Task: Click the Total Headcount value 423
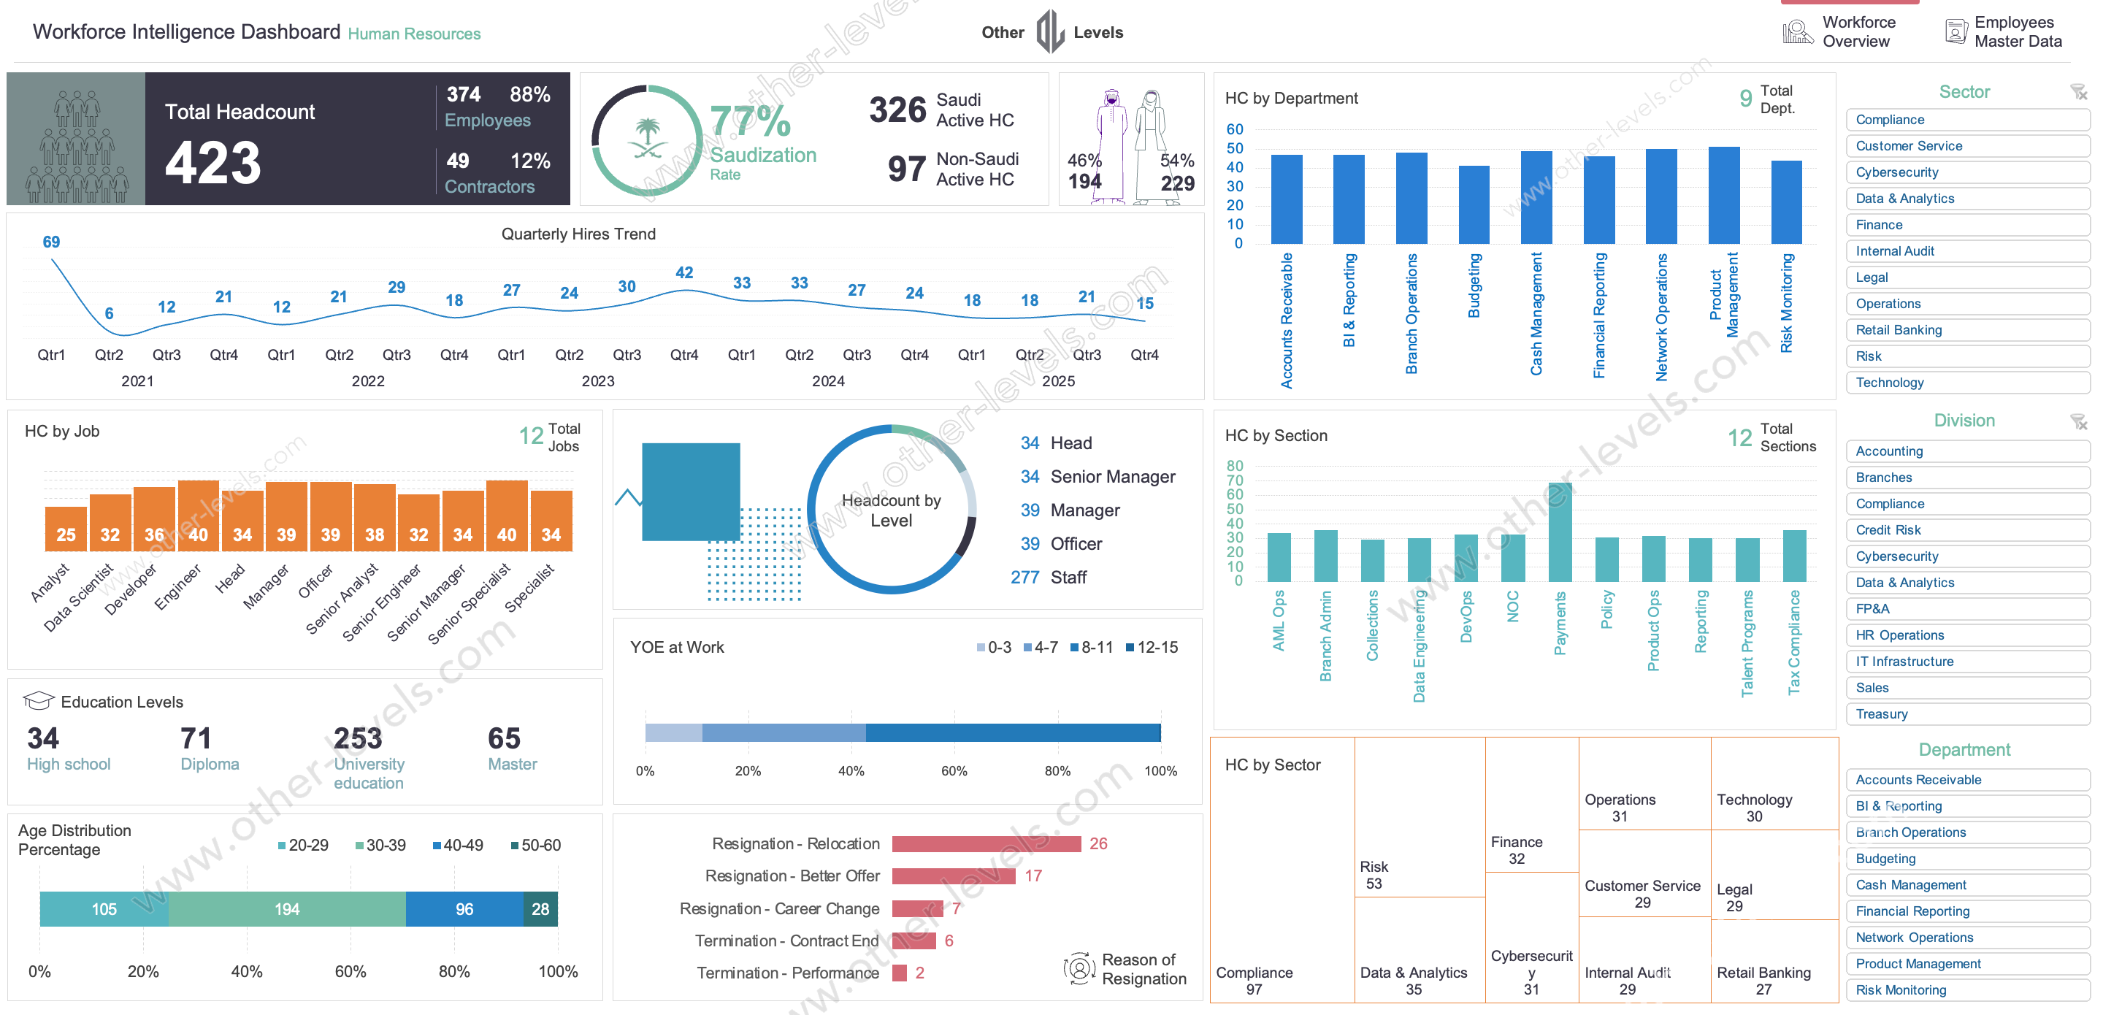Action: (213, 164)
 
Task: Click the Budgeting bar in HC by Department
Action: (1474, 204)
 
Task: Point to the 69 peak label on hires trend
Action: (50, 242)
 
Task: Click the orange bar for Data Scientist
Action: (110, 523)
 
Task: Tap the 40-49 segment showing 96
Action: (464, 909)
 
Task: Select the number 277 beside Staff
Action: (1024, 578)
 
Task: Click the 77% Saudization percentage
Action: (749, 122)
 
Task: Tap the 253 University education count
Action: (358, 738)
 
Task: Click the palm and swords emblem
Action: (648, 139)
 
